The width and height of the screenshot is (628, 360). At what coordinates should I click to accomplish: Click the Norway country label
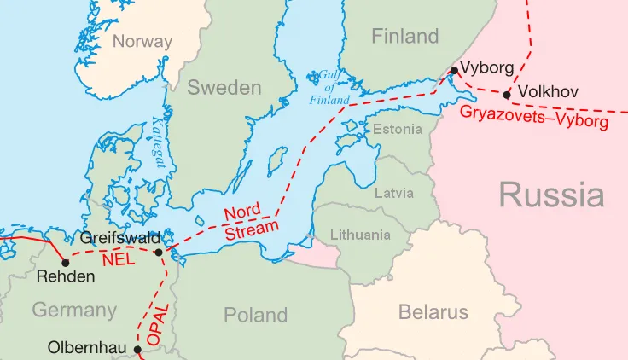(142, 41)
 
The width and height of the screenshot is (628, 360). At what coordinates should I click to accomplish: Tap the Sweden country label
(224, 87)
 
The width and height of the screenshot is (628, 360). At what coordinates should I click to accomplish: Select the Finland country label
(405, 36)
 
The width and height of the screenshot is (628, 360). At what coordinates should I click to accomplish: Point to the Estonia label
(398, 129)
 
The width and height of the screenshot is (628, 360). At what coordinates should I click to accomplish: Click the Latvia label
(394, 193)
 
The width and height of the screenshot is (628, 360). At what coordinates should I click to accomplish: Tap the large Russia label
(551, 195)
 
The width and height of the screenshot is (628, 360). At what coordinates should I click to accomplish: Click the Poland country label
(255, 315)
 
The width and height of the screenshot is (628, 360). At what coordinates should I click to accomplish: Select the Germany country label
(74, 310)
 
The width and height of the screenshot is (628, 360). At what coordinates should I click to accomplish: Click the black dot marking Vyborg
(455, 70)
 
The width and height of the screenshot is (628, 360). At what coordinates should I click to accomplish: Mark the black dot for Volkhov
(508, 95)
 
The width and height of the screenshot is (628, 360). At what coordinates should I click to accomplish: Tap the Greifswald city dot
(159, 253)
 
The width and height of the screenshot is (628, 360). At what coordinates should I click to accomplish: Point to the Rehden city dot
(65, 262)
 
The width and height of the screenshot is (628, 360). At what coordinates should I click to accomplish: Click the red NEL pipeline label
(117, 258)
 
